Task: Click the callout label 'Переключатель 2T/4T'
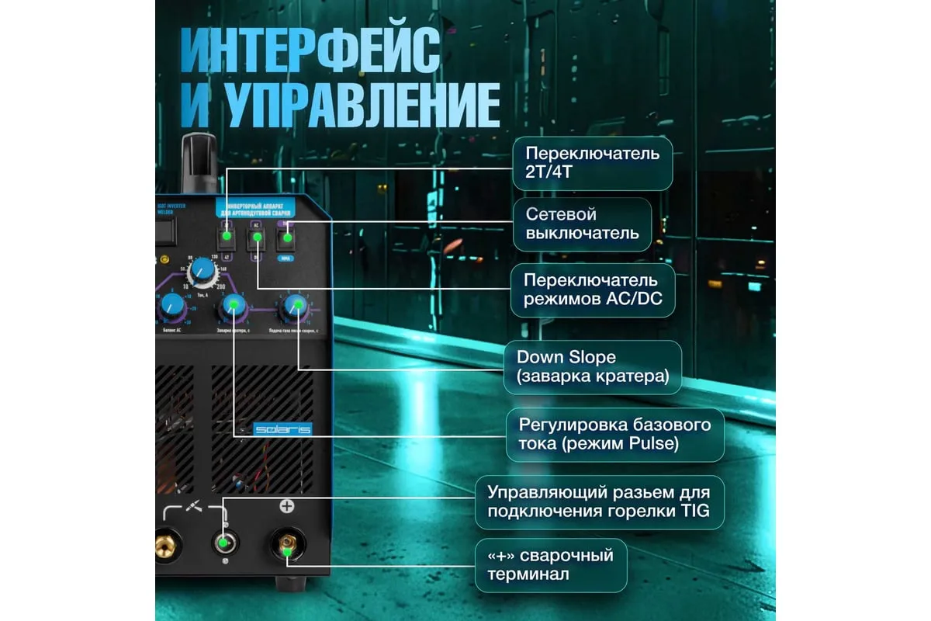point(592,164)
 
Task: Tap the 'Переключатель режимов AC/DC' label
point(592,290)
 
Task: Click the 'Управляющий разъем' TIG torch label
point(598,501)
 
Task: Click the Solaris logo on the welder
point(282,428)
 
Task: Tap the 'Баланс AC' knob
point(168,309)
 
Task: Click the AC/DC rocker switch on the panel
point(256,236)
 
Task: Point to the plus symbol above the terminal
point(286,507)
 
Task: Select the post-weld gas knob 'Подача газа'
point(293,307)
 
